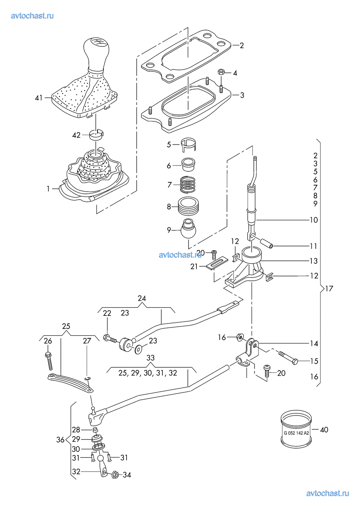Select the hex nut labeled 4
[221, 72]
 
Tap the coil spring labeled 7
[188, 184]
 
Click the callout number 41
[39, 98]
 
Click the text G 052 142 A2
[296, 433]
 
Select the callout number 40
[324, 430]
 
